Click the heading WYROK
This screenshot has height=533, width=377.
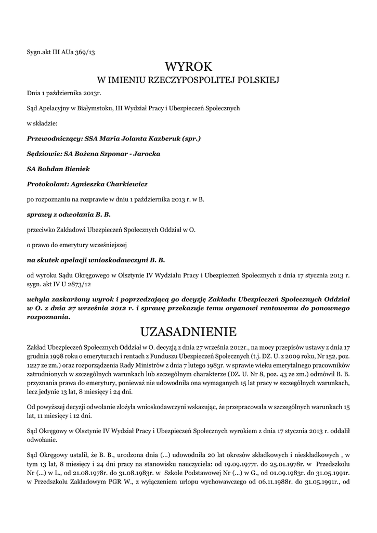click(x=188, y=66)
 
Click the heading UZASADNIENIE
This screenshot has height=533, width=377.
click(x=188, y=332)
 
